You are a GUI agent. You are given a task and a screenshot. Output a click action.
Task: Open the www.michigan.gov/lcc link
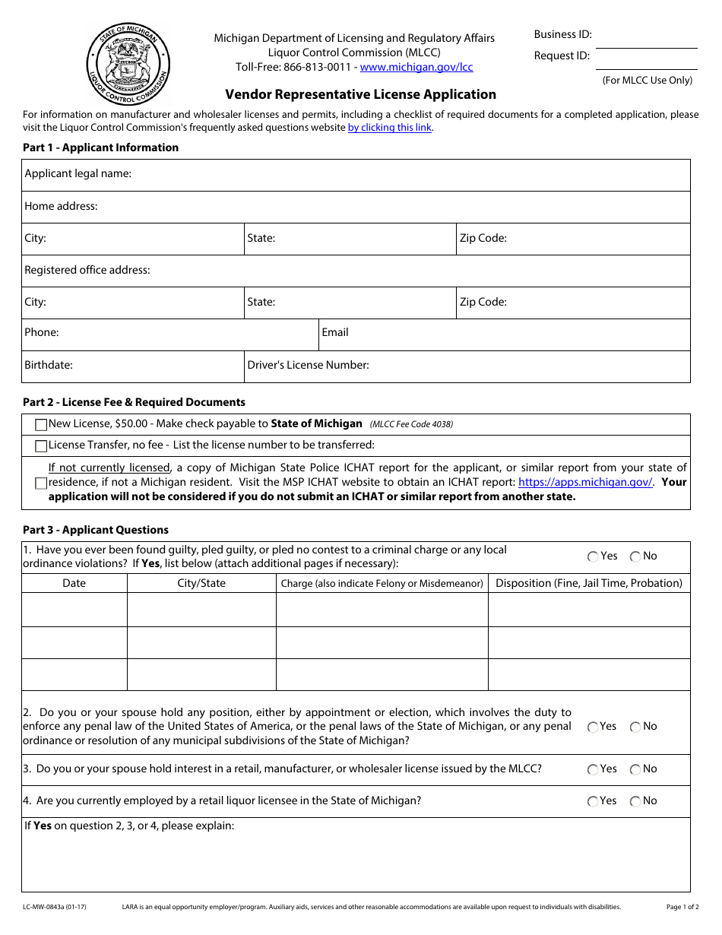416,67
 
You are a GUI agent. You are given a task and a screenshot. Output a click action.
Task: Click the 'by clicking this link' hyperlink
389,128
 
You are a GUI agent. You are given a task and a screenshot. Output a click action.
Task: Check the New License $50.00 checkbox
41,424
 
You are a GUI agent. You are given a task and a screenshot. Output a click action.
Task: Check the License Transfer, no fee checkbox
41,445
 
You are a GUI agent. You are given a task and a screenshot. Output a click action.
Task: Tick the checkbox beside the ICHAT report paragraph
41,483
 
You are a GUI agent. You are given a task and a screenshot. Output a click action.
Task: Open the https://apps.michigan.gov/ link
585,482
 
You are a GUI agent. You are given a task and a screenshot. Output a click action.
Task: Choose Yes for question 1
593,556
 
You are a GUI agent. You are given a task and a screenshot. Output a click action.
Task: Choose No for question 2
635,727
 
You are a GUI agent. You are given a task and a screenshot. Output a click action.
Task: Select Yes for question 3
593,769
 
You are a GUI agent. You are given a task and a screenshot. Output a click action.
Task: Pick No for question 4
635,801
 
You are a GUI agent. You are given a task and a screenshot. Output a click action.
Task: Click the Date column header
74,583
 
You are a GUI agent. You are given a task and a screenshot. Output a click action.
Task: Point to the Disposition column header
589,583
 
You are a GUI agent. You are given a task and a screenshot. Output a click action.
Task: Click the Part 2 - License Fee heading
134,402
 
